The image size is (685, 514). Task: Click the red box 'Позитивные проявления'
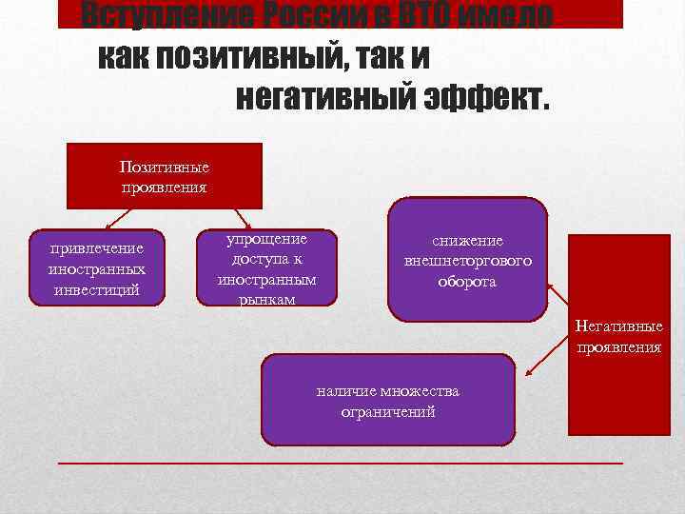click(164, 175)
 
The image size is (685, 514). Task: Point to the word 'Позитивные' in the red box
click(164, 167)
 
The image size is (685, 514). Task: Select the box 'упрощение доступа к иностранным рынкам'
click(266, 268)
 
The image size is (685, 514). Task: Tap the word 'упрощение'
click(266, 239)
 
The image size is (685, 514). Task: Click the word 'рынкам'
click(266, 299)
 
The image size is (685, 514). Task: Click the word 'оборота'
click(467, 282)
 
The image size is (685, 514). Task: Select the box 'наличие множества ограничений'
click(387, 400)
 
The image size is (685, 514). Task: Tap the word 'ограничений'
click(387, 411)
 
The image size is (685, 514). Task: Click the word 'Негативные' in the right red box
click(618, 327)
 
